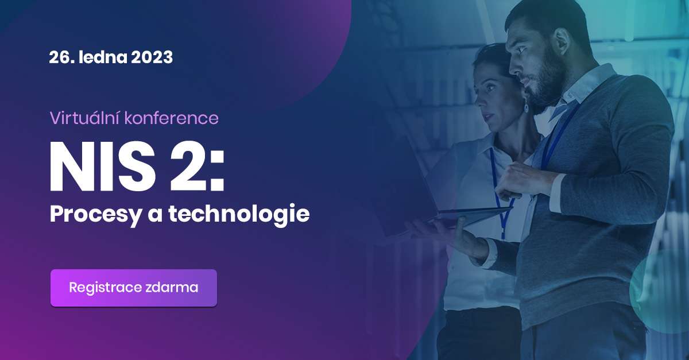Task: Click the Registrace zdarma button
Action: (x=134, y=288)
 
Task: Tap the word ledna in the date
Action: (x=103, y=57)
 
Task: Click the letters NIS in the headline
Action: (x=102, y=167)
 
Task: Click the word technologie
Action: (x=239, y=215)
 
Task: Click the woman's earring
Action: (x=526, y=107)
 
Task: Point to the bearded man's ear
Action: (x=561, y=43)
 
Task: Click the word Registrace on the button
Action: (x=105, y=288)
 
